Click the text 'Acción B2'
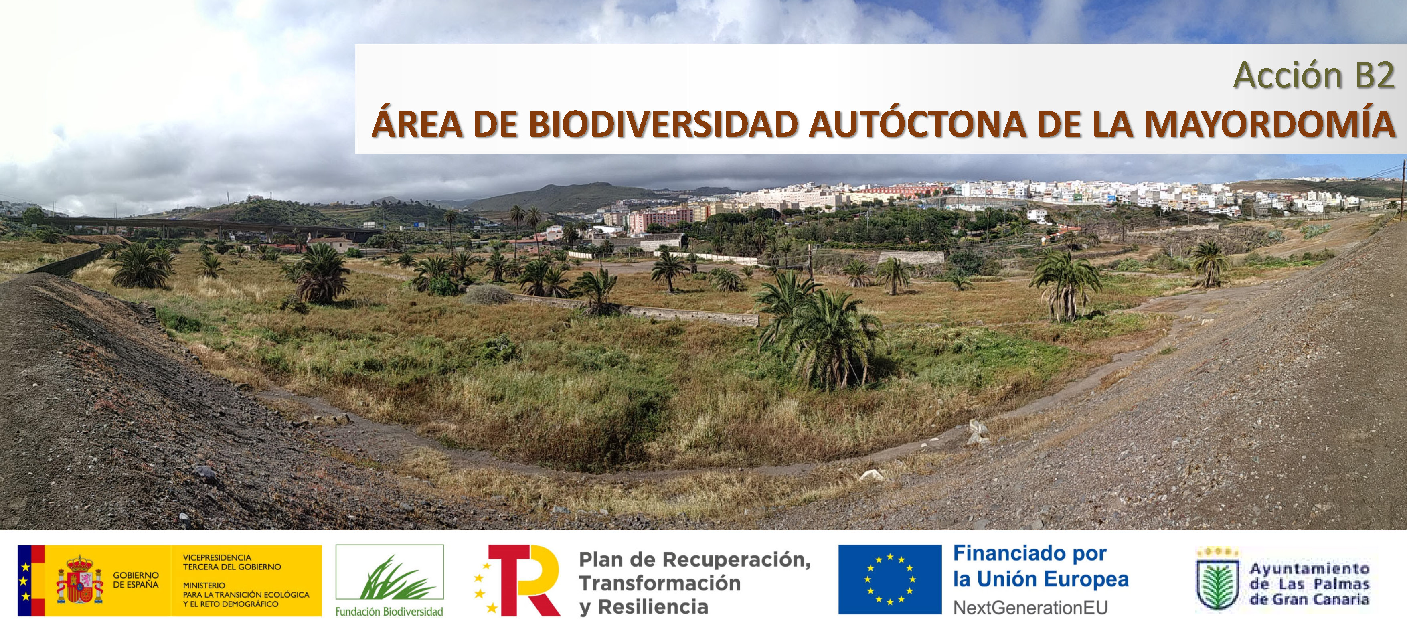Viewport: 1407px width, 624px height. (1314, 75)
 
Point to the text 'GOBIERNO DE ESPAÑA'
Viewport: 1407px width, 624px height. (136, 580)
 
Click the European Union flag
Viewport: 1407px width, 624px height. (889, 579)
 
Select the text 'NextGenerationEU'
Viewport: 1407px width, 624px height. (1030, 607)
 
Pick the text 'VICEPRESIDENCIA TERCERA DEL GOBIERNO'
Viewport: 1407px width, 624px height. (232, 562)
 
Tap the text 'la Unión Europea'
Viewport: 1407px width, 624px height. (1041, 579)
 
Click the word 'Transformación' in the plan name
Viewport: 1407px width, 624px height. (660, 583)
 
